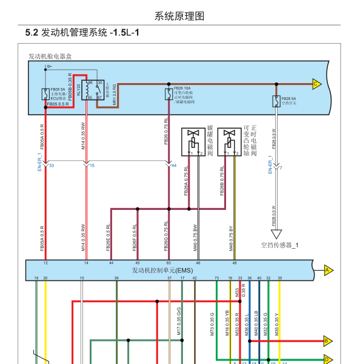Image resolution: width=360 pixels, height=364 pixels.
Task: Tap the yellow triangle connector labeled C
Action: pos(316,84)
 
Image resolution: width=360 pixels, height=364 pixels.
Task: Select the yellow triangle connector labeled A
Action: pos(328,269)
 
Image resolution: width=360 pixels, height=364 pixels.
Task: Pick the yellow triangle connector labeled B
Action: pos(327,340)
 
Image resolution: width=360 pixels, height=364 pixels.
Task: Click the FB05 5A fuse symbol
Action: pos(46,94)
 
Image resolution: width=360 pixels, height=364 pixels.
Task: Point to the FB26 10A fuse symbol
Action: pos(168,94)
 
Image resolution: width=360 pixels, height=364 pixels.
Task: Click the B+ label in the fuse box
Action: pos(50,66)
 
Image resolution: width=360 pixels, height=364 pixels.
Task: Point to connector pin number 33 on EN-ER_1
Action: pos(52,166)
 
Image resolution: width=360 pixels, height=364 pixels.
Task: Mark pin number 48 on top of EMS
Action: pos(235,263)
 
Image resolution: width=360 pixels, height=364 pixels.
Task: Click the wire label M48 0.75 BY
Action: pos(231,238)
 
